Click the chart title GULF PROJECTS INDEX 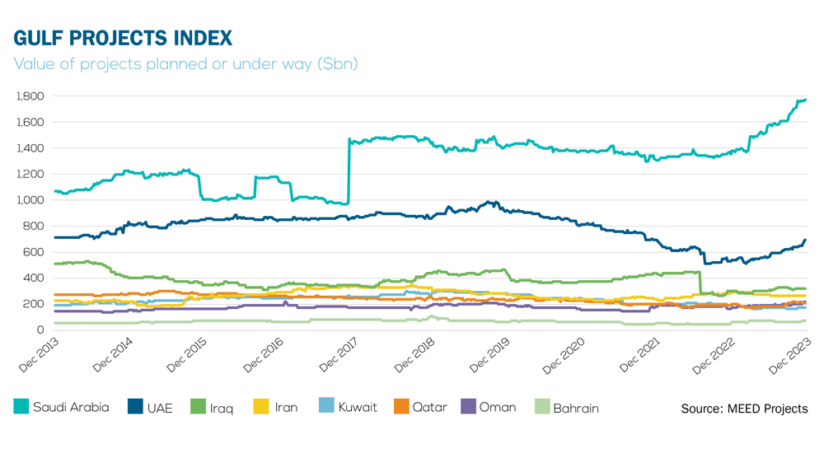(123, 38)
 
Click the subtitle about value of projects (186, 63)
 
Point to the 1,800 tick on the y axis (30, 96)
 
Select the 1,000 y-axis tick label (30, 200)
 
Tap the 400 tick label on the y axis (35, 278)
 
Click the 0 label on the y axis (40, 330)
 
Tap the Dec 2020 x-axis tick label (564, 353)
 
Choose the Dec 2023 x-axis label (789, 353)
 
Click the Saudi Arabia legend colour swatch (21, 406)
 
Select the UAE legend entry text (159, 407)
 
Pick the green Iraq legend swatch (198, 406)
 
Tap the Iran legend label (286, 407)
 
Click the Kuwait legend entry (357, 407)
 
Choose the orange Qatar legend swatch (401, 406)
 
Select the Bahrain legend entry (575, 407)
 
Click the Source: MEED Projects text (744, 409)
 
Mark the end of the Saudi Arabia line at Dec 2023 (805, 100)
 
